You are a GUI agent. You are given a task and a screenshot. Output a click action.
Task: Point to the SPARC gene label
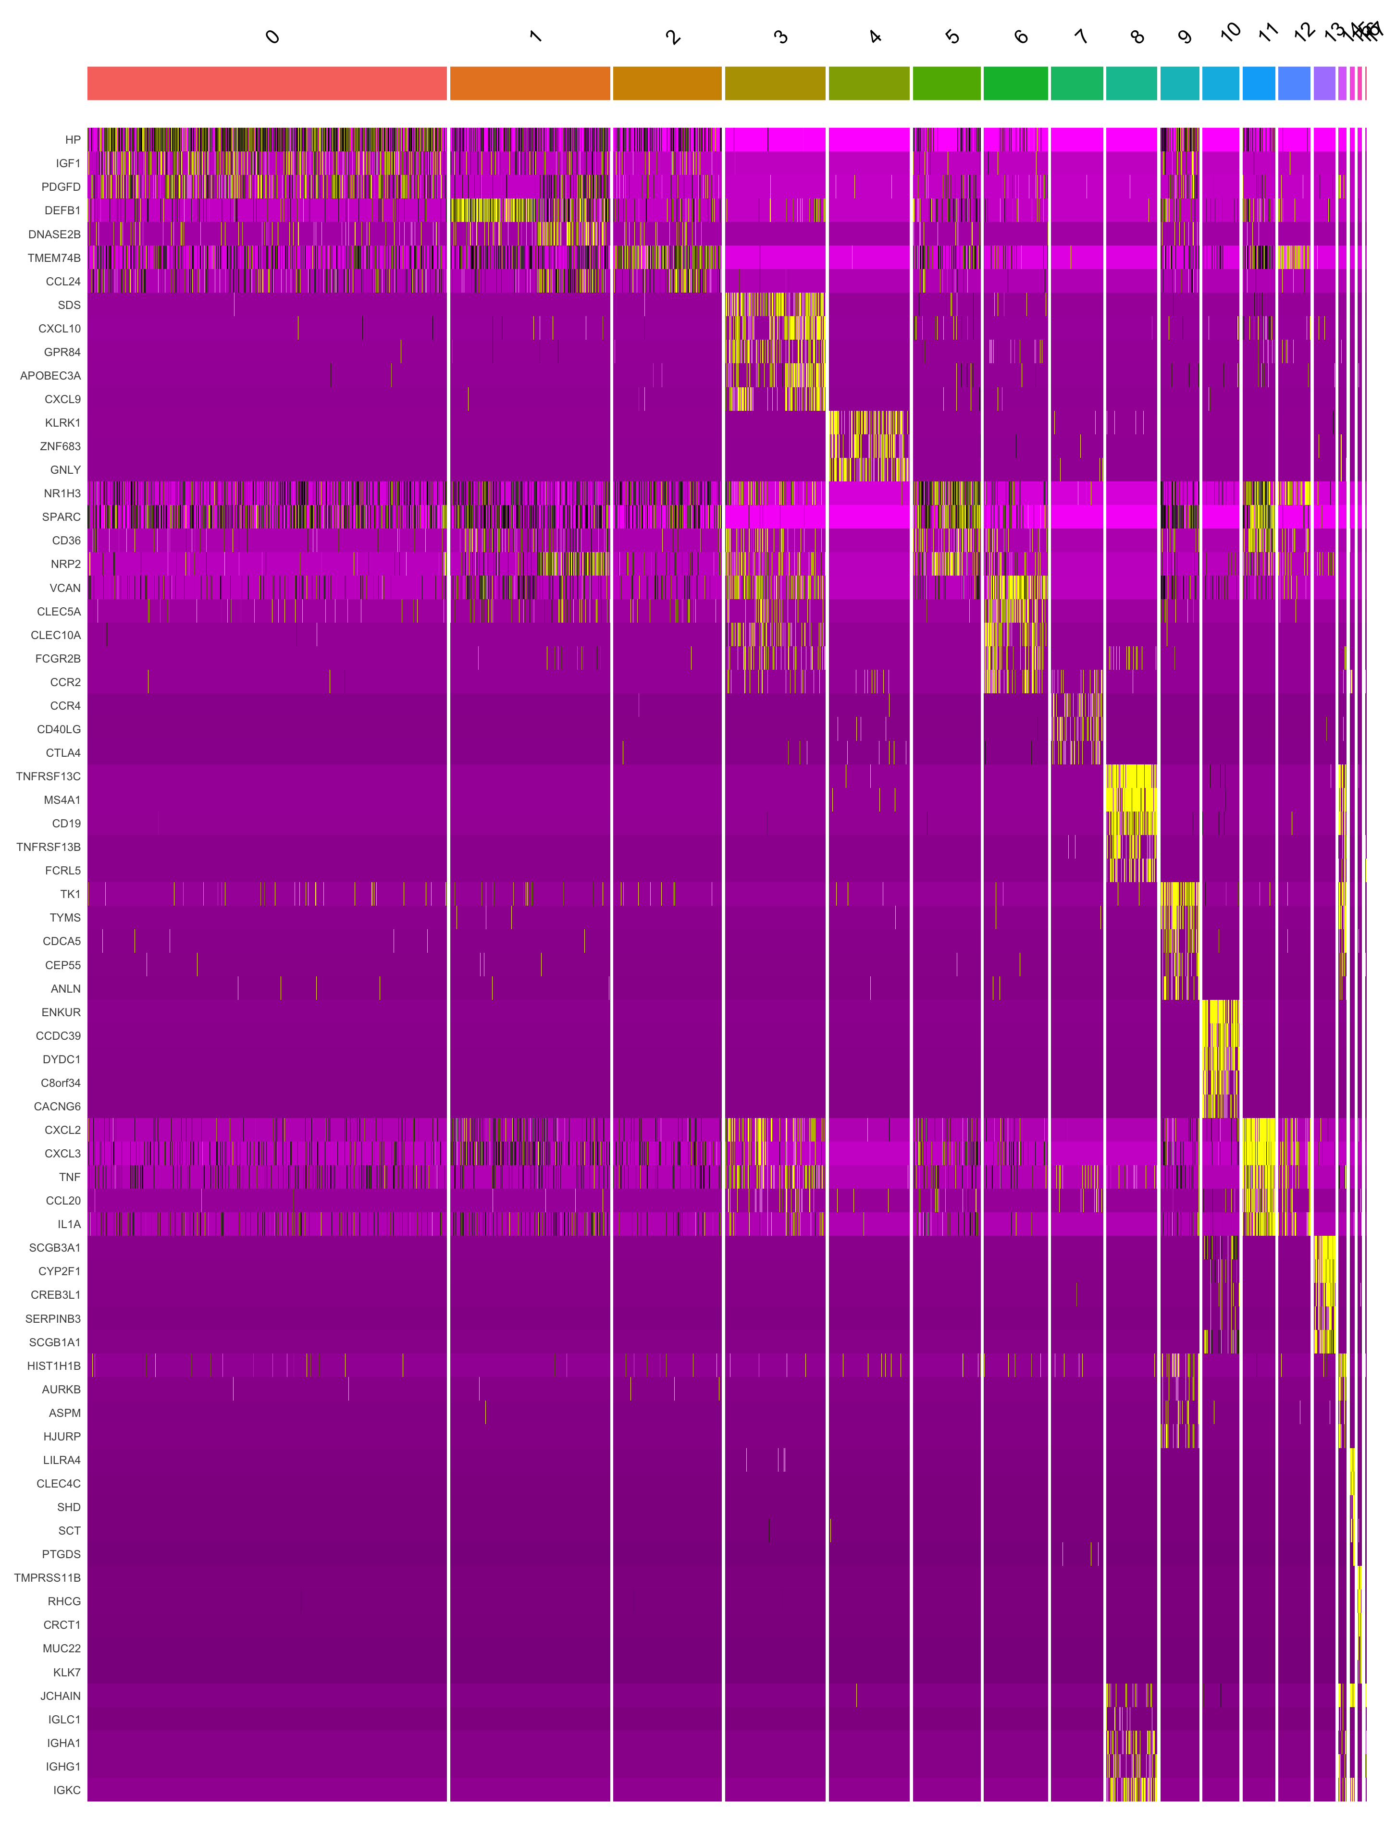(x=61, y=517)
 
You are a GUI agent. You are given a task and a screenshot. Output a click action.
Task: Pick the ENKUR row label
(x=61, y=1012)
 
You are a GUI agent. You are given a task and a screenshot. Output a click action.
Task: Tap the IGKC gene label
(x=67, y=1790)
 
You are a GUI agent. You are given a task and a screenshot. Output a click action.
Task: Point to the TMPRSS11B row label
(x=48, y=1577)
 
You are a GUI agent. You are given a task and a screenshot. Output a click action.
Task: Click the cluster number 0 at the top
(x=272, y=37)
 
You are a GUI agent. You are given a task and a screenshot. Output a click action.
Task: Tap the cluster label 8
(x=1136, y=37)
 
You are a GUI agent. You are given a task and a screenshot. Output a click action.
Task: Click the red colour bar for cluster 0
(x=267, y=84)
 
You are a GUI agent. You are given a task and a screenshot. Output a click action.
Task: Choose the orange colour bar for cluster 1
(x=530, y=84)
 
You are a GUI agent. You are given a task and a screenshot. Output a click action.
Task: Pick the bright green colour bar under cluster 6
(x=1015, y=84)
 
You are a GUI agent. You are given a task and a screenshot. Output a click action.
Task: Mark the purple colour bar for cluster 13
(x=1324, y=84)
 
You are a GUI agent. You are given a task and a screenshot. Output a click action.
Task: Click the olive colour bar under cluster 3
(x=775, y=84)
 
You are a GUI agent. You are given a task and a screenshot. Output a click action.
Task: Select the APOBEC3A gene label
(x=50, y=375)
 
